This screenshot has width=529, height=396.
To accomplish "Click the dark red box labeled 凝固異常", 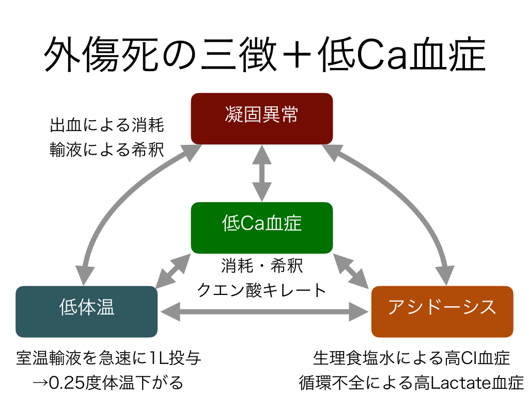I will pyautogui.click(x=261, y=118).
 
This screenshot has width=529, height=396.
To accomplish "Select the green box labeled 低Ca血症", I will pyautogui.click(x=261, y=227).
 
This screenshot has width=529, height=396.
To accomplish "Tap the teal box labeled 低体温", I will pyautogui.click(x=86, y=311).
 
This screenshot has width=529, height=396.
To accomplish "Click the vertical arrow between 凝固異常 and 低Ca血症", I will pyautogui.click(x=261, y=173).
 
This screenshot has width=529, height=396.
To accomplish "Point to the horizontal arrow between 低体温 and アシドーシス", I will pyautogui.click(x=264, y=311).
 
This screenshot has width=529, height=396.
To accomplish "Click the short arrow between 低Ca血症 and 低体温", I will pyautogui.click(x=174, y=270).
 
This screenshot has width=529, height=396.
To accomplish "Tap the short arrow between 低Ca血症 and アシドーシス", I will pyautogui.click(x=351, y=270).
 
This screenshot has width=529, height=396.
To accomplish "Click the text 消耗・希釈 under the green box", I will pyautogui.click(x=261, y=267).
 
